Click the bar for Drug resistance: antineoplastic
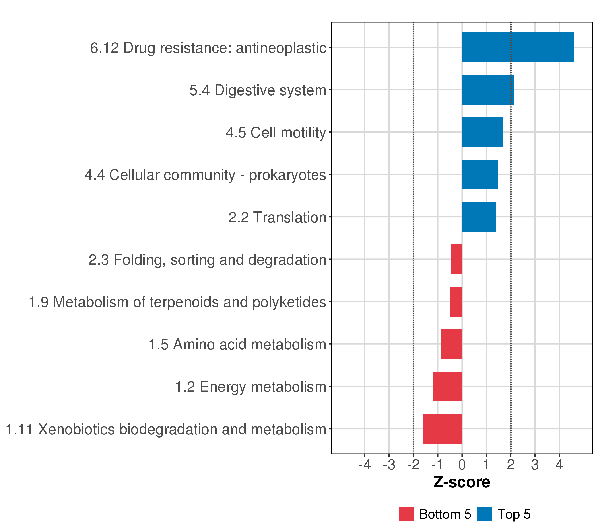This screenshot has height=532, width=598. click(x=518, y=47)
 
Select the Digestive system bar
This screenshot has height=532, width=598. click(x=488, y=90)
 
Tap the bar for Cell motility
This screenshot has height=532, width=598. click(x=482, y=132)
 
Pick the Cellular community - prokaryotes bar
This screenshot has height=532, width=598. click(x=480, y=174)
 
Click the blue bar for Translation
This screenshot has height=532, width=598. click(x=479, y=217)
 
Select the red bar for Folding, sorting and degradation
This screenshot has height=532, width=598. click(x=457, y=259)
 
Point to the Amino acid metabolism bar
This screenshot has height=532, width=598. click(x=451, y=344)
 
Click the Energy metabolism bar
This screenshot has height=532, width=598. click(x=447, y=387)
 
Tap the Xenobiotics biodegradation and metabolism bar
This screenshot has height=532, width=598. click(x=443, y=429)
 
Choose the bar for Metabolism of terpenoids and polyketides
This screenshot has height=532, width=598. click(x=456, y=301)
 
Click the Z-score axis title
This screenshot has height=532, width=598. click(x=462, y=482)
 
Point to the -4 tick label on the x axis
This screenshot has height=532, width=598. click(x=365, y=465)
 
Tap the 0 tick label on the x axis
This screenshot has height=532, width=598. click(x=462, y=465)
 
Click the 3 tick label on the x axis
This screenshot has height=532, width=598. click(x=535, y=465)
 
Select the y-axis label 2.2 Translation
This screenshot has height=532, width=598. click(x=277, y=217)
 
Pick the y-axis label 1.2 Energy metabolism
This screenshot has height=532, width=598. click(x=250, y=387)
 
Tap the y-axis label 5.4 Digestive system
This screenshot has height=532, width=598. click(x=257, y=90)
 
